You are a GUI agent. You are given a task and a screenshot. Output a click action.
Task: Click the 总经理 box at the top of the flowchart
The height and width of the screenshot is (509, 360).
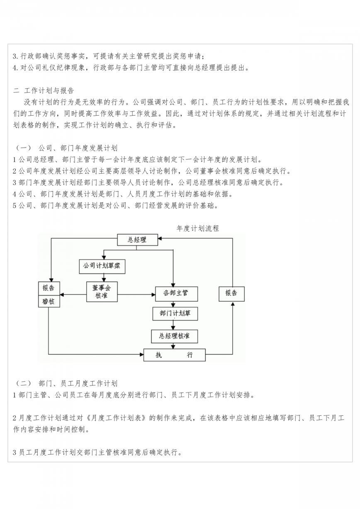[137, 240]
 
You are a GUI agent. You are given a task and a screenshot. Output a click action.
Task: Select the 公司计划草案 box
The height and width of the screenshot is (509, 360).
[102, 267]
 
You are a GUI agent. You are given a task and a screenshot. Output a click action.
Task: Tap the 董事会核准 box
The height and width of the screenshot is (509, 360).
[102, 292]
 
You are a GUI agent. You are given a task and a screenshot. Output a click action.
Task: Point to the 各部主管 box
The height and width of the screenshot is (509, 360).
[177, 294]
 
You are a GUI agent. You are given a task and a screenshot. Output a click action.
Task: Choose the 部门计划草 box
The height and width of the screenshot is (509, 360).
[175, 314]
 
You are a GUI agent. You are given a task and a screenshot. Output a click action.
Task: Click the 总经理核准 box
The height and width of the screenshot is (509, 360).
[175, 336]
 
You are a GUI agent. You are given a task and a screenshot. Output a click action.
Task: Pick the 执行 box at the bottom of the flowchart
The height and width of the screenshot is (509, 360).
[175, 355]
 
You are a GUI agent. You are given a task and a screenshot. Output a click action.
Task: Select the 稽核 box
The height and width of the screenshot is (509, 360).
[49, 301]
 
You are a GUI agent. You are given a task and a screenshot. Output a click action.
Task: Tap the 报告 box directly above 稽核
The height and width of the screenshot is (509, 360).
[49, 288]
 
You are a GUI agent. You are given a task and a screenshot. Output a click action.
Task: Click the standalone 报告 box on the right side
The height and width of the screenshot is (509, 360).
[231, 294]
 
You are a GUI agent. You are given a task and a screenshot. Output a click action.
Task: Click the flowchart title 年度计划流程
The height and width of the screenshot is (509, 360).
[197, 228]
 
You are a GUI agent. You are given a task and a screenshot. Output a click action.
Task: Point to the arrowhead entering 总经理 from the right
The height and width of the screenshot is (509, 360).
[160, 238]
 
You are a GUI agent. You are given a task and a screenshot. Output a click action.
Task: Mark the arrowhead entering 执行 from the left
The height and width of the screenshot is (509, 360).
[142, 354]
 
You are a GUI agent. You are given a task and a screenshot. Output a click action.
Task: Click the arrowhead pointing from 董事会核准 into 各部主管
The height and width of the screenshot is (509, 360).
[153, 295]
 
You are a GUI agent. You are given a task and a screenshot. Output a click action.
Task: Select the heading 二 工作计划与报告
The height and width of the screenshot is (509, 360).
[44, 90]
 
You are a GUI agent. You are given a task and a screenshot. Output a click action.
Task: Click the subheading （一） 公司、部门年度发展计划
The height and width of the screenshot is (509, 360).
[66, 148]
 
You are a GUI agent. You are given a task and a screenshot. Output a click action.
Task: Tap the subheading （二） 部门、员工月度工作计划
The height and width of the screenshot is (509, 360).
[66, 383]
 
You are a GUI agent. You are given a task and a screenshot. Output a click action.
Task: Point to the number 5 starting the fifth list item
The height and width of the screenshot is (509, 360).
[15, 206]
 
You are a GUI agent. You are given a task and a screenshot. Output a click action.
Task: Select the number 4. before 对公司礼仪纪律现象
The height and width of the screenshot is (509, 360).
[15, 68]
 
